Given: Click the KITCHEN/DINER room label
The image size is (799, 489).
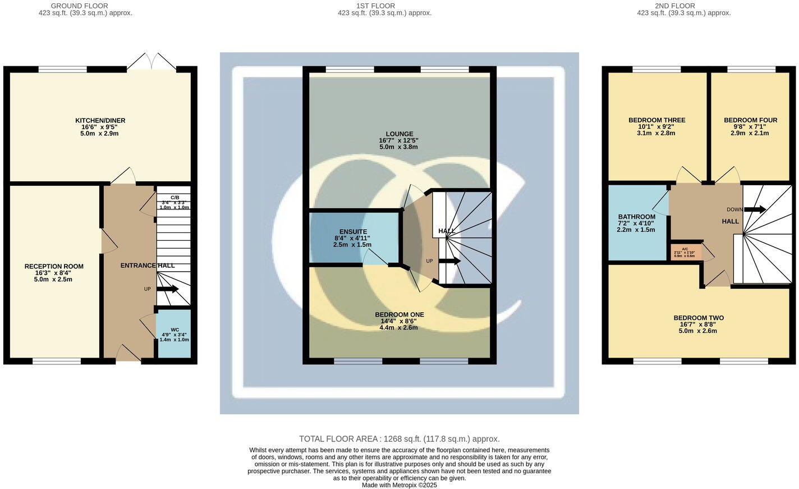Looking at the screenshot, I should click(x=100, y=121).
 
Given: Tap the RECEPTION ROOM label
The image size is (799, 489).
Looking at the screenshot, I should click(x=54, y=267).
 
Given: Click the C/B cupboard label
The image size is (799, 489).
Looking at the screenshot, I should click(x=175, y=198).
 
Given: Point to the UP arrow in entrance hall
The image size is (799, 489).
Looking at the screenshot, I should click(x=167, y=289).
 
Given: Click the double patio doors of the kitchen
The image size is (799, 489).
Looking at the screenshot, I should click(x=151, y=62).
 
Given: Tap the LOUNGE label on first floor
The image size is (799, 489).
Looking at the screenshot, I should click(x=399, y=134).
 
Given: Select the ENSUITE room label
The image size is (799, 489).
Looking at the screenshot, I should click(x=353, y=232).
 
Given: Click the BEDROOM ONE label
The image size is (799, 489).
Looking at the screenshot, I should click(x=399, y=315).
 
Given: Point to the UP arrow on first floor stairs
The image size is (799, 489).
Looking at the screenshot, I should click(x=449, y=261).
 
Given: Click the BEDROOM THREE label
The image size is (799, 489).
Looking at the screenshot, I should click(x=656, y=120).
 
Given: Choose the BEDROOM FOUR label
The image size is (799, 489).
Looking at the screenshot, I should click(x=750, y=120).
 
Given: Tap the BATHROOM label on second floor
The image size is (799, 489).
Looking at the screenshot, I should click(x=636, y=217).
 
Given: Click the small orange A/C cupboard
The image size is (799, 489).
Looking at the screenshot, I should click(x=685, y=252).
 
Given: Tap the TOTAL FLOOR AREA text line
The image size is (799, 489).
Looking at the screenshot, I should click(x=399, y=439).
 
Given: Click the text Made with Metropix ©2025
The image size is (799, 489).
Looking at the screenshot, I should click(x=399, y=485).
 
